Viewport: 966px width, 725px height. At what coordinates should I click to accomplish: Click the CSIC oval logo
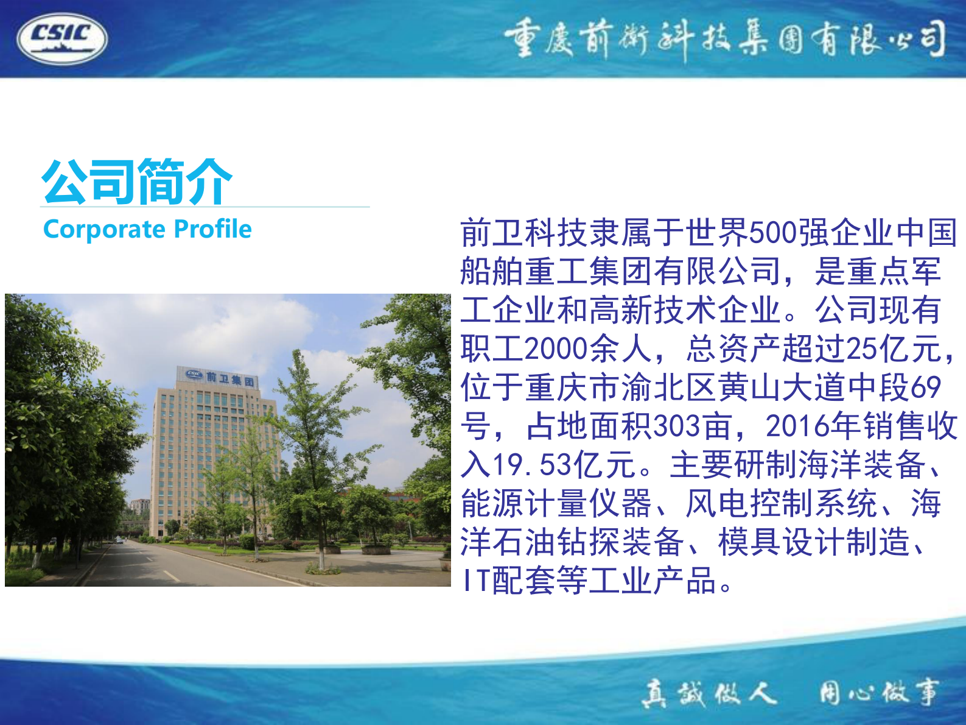tap(62, 38)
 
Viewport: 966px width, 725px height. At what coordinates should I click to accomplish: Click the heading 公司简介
tap(137, 181)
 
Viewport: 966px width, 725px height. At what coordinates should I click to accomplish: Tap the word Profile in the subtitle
tap(212, 230)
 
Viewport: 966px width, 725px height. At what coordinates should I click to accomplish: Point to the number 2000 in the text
tap(556, 349)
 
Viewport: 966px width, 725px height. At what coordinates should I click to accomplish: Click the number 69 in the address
tap(926, 387)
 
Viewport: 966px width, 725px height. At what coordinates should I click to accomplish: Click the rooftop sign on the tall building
tap(220, 378)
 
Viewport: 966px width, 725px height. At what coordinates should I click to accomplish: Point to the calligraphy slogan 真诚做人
tap(709, 693)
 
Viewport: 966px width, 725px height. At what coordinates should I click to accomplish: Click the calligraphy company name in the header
tap(724, 39)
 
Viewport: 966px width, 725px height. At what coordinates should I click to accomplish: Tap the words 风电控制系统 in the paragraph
tap(782, 504)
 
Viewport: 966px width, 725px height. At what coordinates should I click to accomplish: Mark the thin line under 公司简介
tap(205, 207)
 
